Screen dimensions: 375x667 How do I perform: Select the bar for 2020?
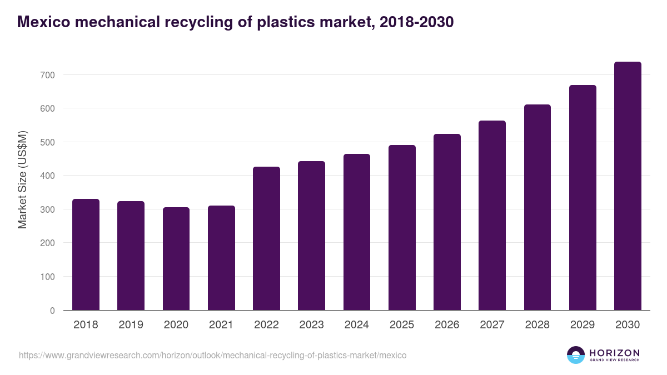coord(176,259)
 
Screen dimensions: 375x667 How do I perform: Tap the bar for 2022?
coord(266,238)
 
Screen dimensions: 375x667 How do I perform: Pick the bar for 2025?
coord(402,228)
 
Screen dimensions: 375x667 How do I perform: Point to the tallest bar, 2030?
coord(628,186)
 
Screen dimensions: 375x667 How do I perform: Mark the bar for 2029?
coord(583,198)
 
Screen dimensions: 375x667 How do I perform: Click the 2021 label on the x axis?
coord(221,325)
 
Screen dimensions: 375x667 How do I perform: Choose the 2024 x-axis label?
coord(357,325)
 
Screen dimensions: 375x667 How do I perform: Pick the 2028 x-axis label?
coord(537,325)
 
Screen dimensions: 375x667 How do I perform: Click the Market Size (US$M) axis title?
coord(23,179)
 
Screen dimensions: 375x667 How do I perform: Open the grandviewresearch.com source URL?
coord(212,355)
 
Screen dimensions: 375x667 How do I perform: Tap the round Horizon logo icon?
coord(576,355)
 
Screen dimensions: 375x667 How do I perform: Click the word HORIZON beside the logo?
coord(614,353)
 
